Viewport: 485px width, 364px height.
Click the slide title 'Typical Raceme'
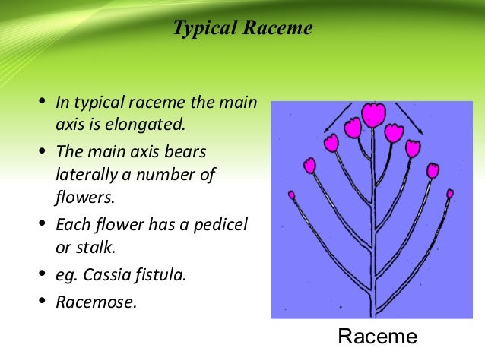[x=242, y=30]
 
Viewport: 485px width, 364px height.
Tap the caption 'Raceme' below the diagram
[x=377, y=337]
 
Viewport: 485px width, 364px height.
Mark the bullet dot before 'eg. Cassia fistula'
[x=42, y=274]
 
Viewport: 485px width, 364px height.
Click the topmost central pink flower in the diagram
[x=372, y=116]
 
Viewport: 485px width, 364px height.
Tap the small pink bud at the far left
[x=291, y=195]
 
